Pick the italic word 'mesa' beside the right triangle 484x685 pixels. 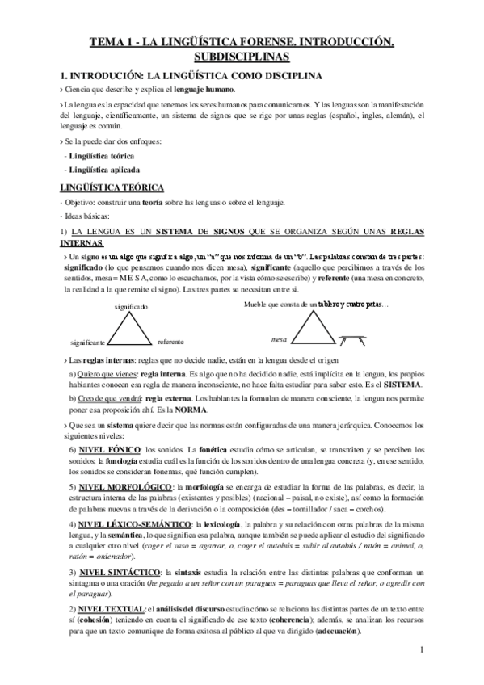[x=280, y=339]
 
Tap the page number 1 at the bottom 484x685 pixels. [x=423, y=672]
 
